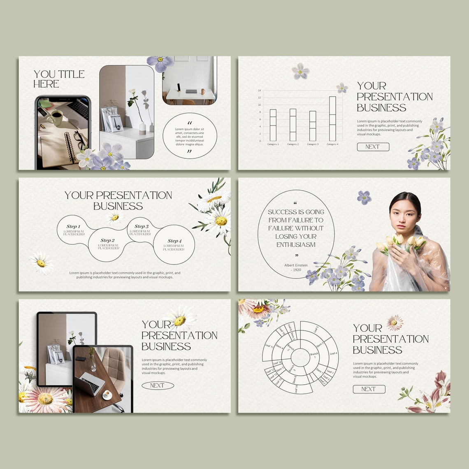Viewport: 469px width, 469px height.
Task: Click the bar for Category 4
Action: click(x=332, y=118)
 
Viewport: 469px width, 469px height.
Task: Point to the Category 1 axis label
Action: click(x=273, y=144)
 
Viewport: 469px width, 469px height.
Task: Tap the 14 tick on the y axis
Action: click(x=259, y=91)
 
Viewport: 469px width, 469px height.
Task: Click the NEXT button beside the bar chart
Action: click(x=373, y=147)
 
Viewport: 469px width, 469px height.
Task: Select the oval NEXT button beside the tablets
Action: click(x=157, y=385)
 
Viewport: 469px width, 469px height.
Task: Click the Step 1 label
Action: click(x=73, y=227)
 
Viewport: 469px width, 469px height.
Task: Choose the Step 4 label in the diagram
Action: click(x=174, y=241)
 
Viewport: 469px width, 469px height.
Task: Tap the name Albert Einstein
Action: click(x=296, y=265)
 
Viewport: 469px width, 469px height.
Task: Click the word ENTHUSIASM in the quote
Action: click(x=296, y=244)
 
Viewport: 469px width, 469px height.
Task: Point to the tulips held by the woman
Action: click(x=399, y=243)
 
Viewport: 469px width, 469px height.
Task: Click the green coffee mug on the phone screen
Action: click(x=55, y=118)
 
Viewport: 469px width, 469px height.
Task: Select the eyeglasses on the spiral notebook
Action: click(x=80, y=140)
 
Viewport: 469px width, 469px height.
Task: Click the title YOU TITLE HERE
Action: click(x=59, y=79)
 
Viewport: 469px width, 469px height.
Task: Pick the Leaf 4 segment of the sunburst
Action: click(x=333, y=353)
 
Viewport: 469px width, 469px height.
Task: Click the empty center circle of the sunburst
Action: click(x=300, y=358)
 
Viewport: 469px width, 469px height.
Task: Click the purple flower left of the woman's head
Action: click(x=364, y=197)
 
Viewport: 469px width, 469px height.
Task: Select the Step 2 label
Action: click(x=107, y=241)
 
